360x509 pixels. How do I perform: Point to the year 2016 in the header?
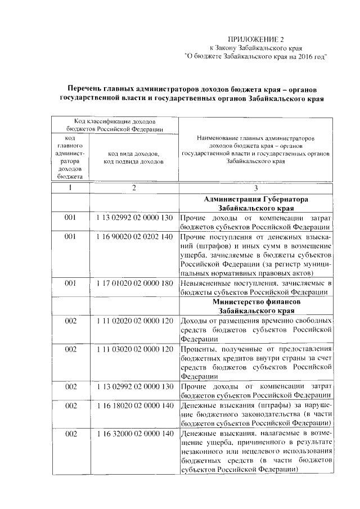click(304, 56)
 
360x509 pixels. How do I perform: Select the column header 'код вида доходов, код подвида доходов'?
click(134, 157)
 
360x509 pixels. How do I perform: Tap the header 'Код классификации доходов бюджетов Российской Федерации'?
click(115, 125)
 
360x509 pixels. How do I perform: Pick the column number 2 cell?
click(134, 188)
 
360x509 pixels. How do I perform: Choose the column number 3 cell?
click(255, 188)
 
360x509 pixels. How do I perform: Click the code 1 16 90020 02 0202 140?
click(134, 237)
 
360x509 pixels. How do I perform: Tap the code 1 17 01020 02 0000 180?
click(134, 283)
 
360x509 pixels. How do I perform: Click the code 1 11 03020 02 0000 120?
click(134, 349)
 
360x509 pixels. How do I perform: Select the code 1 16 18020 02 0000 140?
click(134, 405)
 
